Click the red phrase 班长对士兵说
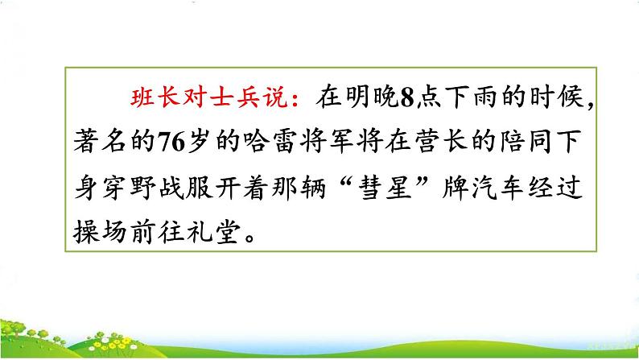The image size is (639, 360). click(210, 100)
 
